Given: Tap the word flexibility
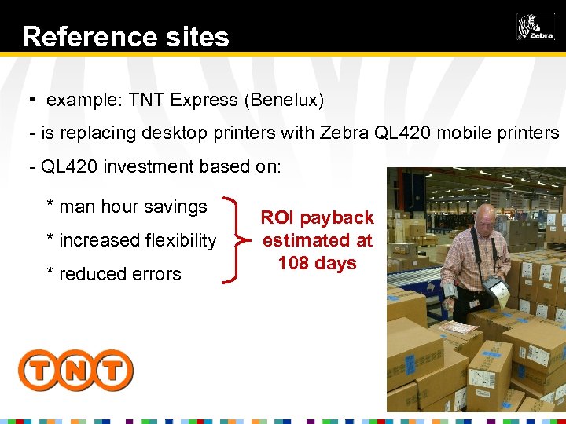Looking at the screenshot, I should [178, 241].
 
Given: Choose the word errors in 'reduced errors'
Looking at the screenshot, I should [156, 275].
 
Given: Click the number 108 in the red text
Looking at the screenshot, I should [293, 263].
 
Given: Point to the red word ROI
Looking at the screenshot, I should [277, 217].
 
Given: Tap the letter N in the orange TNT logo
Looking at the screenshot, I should [75, 370].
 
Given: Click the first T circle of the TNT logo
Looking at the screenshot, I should [38, 370].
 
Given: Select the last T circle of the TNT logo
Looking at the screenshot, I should [113, 370].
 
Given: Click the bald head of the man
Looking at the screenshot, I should [486, 217].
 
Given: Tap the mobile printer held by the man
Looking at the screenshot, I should [497, 291].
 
